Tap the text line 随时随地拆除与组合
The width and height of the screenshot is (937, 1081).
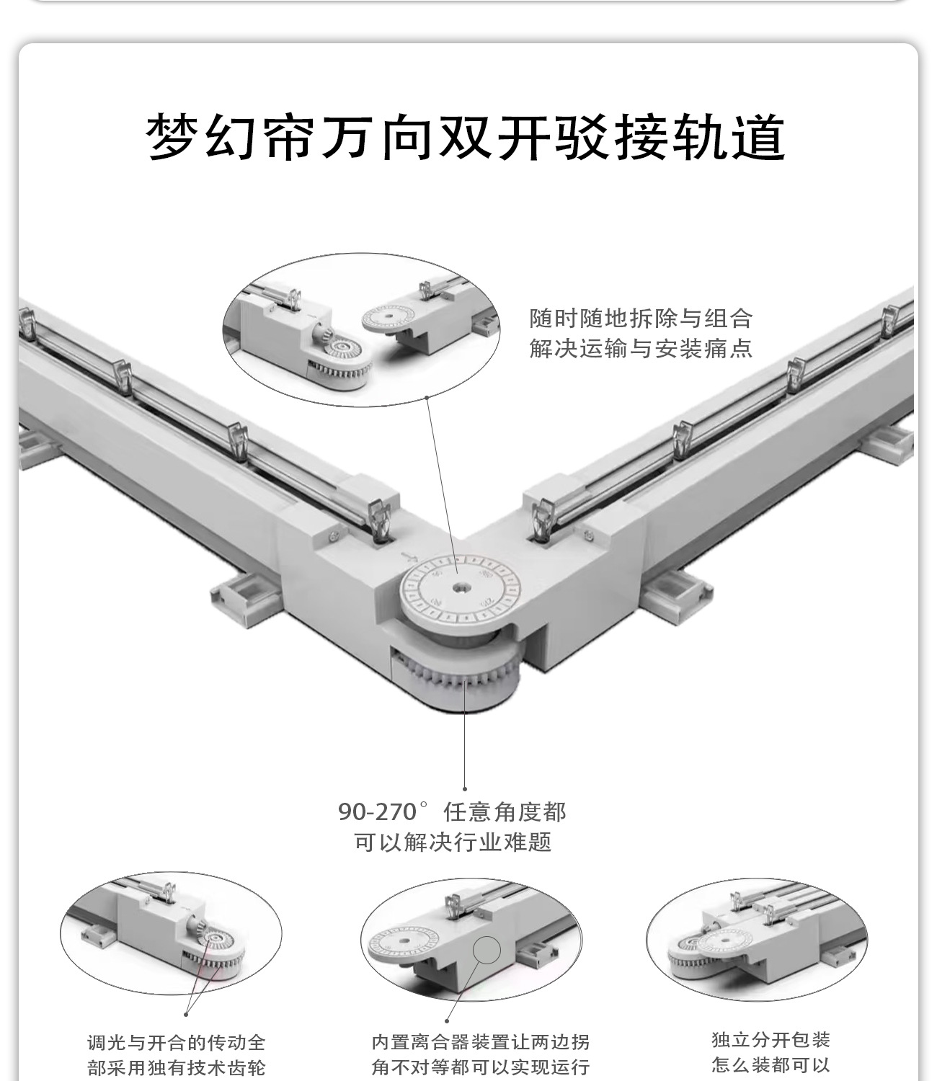pyautogui.click(x=641, y=318)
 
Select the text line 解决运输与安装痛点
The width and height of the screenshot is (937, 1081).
pyautogui.click(x=641, y=349)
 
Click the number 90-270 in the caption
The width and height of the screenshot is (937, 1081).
pyautogui.click(x=377, y=812)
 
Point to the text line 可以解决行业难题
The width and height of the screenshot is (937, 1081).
pyautogui.click(x=453, y=842)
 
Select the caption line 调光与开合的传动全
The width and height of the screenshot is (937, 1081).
pyautogui.click(x=177, y=1042)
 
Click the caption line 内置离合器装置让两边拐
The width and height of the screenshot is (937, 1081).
pyautogui.click(x=480, y=1042)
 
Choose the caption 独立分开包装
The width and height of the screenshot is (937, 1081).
pyautogui.click(x=771, y=1039)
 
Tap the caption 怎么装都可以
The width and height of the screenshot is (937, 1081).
pyautogui.click(x=771, y=1064)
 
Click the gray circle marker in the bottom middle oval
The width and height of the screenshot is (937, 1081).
pyautogui.click(x=487, y=951)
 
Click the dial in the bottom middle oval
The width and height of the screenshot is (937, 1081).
pyautogui.click(x=397, y=945)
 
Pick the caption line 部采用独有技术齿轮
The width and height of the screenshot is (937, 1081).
pyautogui.click(x=177, y=1067)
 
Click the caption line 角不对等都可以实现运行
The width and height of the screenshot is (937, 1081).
pyautogui.click(x=480, y=1067)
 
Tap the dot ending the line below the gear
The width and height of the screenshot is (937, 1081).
pyautogui.click(x=465, y=789)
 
